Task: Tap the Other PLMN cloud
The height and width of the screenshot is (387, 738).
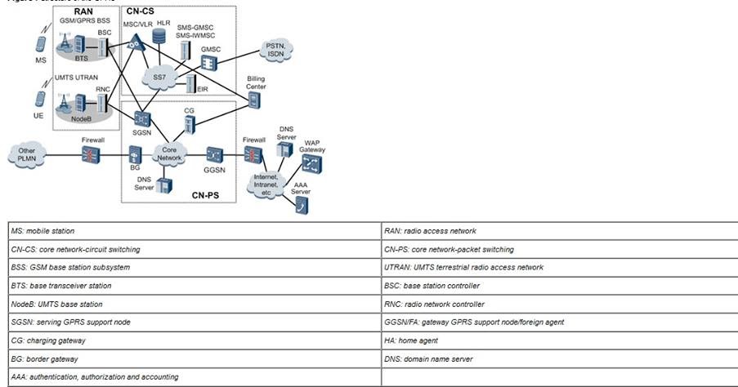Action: (x=27, y=156)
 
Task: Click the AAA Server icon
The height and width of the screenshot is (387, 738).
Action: (x=301, y=205)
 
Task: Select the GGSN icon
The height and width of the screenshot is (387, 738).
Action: (x=215, y=154)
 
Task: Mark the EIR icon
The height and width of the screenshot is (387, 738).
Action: (x=190, y=83)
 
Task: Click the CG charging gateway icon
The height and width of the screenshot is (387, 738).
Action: (x=190, y=122)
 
